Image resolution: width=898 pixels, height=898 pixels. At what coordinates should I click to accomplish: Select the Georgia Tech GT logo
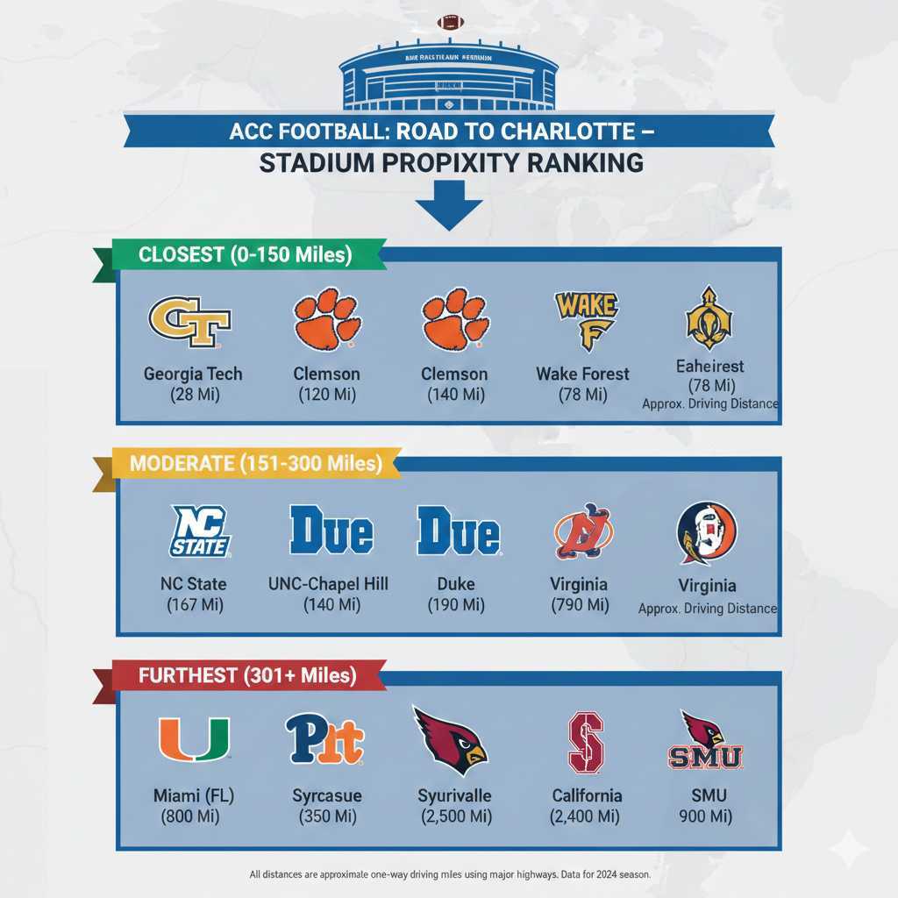(x=189, y=322)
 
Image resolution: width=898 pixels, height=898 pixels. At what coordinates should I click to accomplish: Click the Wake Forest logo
(x=585, y=320)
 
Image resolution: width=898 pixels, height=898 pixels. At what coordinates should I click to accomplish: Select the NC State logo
(x=201, y=531)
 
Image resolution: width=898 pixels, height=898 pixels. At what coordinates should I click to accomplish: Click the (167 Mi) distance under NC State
(x=194, y=604)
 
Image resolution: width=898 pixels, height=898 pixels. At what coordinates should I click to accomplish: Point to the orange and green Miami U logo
(x=193, y=739)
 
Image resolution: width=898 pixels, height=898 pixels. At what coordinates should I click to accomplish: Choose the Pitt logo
(x=324, y=739)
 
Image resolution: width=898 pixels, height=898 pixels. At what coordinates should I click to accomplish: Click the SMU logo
(x=705, y=742)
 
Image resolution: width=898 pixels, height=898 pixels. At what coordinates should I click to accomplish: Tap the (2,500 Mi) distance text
(x=454, y=816)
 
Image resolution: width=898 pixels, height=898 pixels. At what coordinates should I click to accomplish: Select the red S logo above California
(x=587, y=742)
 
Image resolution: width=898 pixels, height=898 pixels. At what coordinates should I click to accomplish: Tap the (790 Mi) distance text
(x=579, y=604)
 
